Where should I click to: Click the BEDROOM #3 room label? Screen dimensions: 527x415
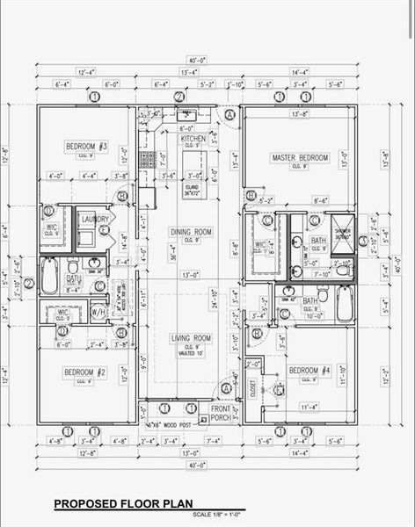click(86, 145)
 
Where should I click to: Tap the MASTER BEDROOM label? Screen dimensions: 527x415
click(300, 158)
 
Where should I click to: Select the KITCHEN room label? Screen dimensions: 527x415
click(193, 139)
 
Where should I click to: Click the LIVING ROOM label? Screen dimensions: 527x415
click(191, 338)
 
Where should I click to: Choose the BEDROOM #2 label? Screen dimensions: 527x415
click(85, 372)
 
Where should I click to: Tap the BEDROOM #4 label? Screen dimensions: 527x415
click(309, 370)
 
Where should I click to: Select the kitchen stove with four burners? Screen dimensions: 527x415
click(148, 161)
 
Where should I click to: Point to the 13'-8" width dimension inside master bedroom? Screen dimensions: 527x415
click(299, 114)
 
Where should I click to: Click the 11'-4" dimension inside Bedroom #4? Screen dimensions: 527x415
click(309, 408)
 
